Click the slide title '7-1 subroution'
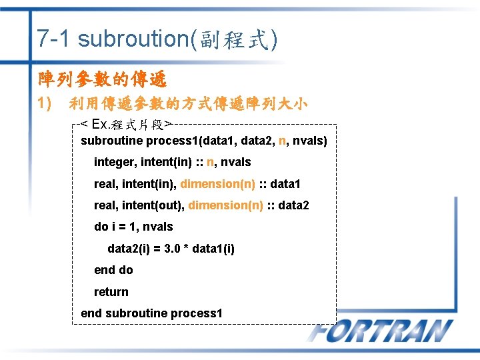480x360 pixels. tap(113, 39)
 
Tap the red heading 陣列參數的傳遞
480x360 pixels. tap(102, 79)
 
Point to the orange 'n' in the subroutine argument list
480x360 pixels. tap(283, 141)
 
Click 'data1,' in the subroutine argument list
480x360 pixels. tap(213, 141)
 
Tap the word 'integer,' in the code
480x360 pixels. tap(114, 162)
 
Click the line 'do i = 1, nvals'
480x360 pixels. tap(133, 227)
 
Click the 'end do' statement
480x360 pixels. tap(113, 270)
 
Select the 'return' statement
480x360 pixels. tap(111, 292)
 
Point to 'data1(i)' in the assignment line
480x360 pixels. tap(213, 249)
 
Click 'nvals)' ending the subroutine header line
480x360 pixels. tap(310, 141)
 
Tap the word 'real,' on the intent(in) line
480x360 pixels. tap(106, 183)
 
